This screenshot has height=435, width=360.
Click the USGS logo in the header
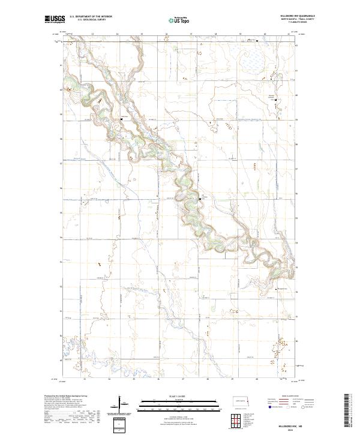click(x=55, y=20)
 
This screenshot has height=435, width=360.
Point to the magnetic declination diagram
click(x=120, y=406)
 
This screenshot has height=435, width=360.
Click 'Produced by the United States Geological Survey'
click(x=66, y=395)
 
